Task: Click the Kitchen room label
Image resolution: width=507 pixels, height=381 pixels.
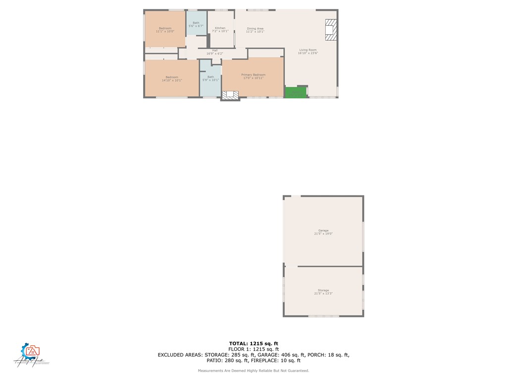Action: [220, 29]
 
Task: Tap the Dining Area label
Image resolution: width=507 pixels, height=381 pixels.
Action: [255, 30]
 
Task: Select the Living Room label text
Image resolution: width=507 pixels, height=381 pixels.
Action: [307, 51]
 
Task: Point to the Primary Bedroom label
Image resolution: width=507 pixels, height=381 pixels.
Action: [253, 76]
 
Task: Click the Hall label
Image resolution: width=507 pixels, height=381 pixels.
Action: [214, 52]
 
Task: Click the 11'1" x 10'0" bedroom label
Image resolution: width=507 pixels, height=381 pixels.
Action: [165, 29]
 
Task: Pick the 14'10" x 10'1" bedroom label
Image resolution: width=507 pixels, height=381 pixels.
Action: [171, 78]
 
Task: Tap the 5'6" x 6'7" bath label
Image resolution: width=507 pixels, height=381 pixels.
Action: [196, 24]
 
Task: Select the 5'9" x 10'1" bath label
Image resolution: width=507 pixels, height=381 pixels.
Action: [210, 78]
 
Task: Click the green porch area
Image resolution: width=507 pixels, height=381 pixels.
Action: [295, 92]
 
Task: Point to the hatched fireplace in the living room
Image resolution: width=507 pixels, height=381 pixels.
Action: [330, 30]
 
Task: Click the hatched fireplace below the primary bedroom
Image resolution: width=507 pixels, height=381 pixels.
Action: [230, 95]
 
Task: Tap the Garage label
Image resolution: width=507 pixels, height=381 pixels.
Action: [323, 232]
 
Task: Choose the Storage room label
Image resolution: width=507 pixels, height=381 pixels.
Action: [323, 292]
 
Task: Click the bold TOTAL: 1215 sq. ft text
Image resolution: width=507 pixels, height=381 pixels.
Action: [253, 343]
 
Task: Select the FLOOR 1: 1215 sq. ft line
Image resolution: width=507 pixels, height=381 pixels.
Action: [253, 349]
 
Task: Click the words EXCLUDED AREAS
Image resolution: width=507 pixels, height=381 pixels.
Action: [180, 355]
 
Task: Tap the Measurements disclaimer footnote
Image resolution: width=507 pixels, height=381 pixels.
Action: [253, 371]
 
